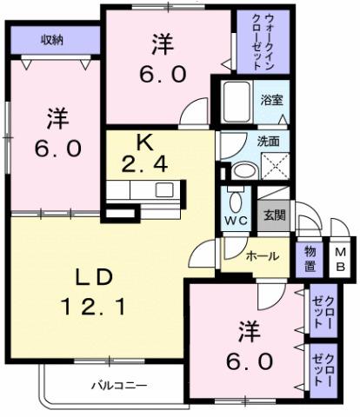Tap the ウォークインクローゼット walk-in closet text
tap(259, 40)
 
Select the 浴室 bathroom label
tap(272, 100)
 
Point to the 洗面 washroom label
tap(269, 141)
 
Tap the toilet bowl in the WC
tap(233, 197)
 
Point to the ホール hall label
tap(262, 256)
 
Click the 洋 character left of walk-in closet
tap(161, 43)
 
